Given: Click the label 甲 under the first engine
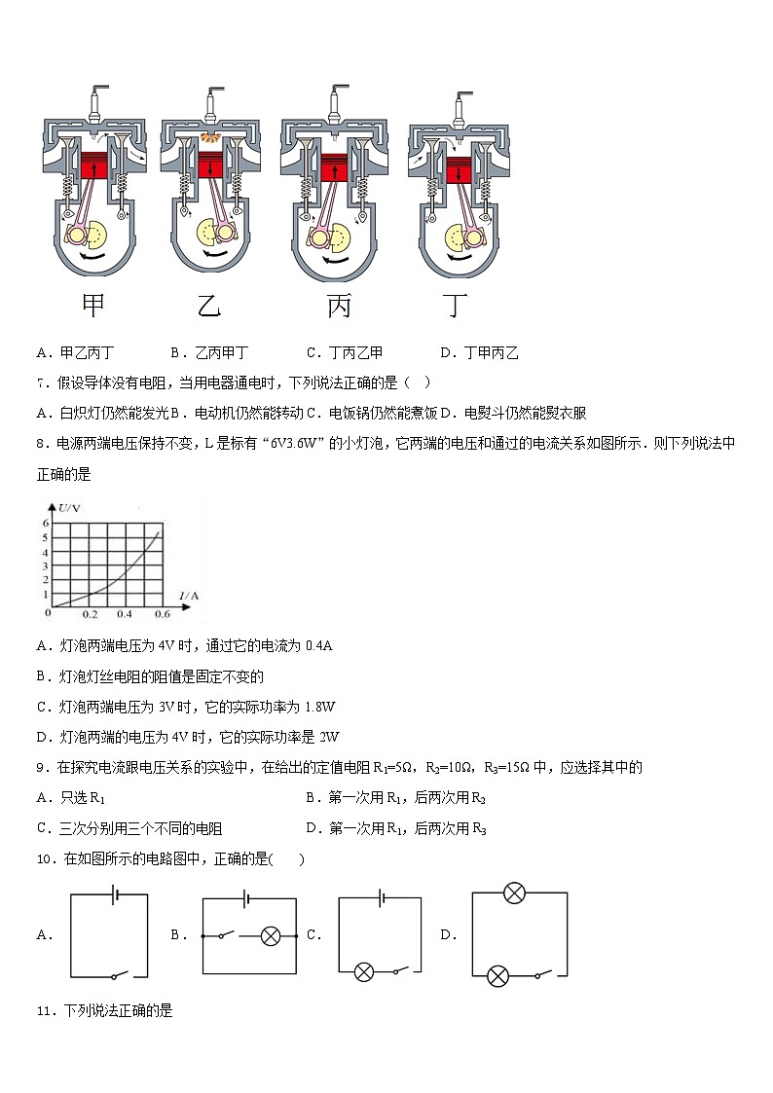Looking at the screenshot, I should [x=93, y=306].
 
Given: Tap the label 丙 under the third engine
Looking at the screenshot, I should [x=339, y=307].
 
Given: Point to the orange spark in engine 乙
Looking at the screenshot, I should [x=209, y=142].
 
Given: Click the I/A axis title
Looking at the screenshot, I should [x=189, y=595].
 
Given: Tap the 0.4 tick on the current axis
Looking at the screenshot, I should [x=125, y=615].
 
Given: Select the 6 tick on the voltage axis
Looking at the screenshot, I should [x=44, y=523].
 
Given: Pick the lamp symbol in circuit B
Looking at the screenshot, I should [x=271, y=936].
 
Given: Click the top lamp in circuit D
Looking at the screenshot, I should [x=514, y=893].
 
